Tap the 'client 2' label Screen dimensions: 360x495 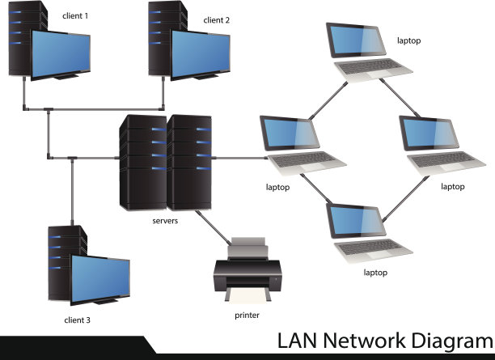pyautogui.click(x=217, y=19)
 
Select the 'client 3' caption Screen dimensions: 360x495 pyautogui.click(x=77, y=320)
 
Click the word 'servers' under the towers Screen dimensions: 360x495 pyautogui.click(x=165, y=219)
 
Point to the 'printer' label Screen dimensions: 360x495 pyautogui.click(x=247, y=315)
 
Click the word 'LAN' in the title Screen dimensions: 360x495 pyautogui.click(x=298, y=341)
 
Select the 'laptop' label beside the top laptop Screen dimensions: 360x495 pyautogui.click(x=409, y=40)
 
